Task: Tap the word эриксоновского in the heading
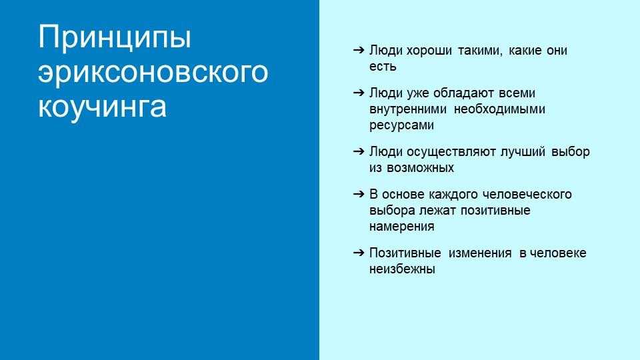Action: [x=153, y=73]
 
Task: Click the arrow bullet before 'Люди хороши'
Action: [x=359, y=50]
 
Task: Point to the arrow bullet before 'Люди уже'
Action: [x=359, y=93]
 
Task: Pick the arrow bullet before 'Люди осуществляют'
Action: [x=359, y=151]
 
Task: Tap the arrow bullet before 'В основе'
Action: [x=359, y=194]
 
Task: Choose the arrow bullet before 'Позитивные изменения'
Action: [x=359, y=253]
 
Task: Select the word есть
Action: [x=383, y=67]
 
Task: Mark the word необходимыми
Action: [x=499, y=109]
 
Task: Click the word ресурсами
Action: [x=401, y=125]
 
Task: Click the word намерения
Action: [x=401, y=227]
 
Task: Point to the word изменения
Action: [x=480, y=253]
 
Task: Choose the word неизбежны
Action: [x=402, y=269]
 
